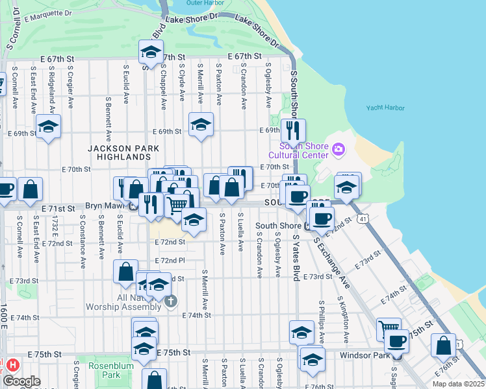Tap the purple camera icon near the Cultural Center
tap(337, 150)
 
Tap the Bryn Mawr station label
tap(107, 206)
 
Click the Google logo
tap(22, 381)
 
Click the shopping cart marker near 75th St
tap(389, 328)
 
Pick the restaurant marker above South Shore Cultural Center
tap(293, 130)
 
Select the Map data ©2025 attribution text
tap(457, 384)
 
